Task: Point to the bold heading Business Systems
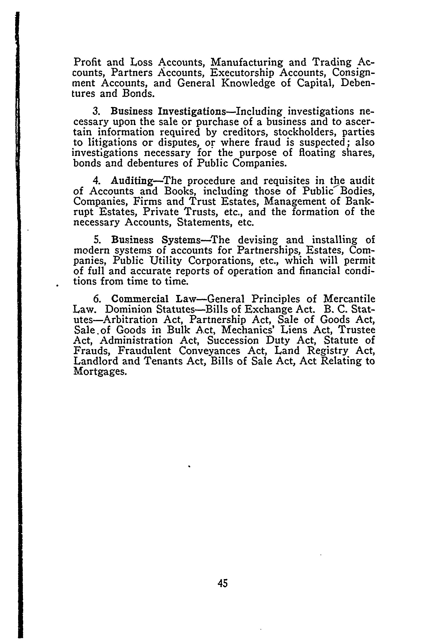156,240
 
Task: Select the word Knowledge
248,83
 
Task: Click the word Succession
233,341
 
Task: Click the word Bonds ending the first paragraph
136,94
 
